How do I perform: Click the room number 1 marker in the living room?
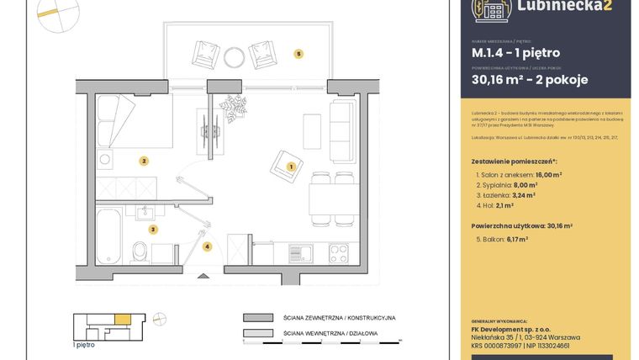291,167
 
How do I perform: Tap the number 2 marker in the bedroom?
145,161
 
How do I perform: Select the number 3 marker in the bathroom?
153,228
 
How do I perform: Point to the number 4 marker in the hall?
207,246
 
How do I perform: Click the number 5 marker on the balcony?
298,54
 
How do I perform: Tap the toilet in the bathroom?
140,250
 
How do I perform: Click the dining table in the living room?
334,199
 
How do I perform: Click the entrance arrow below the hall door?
202,276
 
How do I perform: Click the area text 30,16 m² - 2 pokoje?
529,80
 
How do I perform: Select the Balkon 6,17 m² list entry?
502,239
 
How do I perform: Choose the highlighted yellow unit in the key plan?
122,318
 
